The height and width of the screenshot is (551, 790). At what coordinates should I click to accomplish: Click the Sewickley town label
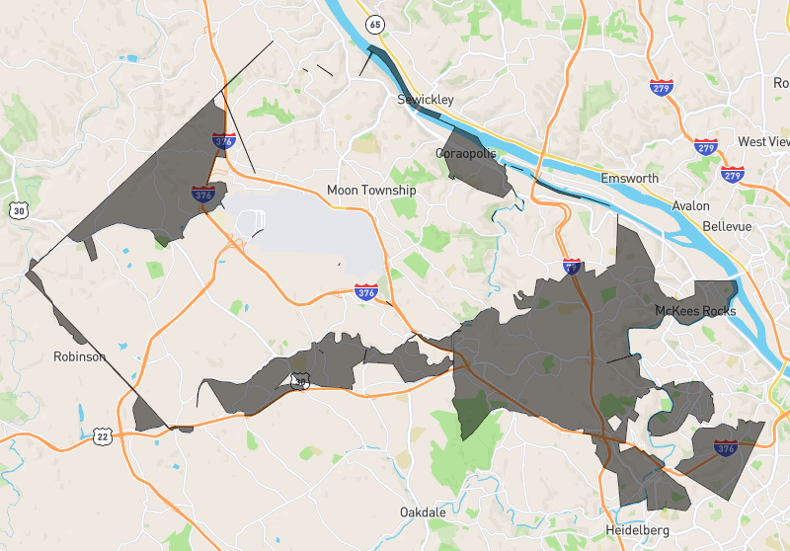(x=426, y=101)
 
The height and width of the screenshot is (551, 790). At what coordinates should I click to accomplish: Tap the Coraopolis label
(x=465, y=153)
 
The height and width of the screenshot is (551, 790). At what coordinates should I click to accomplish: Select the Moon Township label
(x=371, y=190)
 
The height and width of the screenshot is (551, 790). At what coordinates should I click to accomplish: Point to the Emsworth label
(x=629, y=179)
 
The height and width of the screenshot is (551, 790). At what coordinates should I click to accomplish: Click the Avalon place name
(x=690, y=205)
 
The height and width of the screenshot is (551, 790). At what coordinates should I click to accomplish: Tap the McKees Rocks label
(x=696, y=311)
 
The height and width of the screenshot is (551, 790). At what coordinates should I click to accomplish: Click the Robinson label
(x=79, y=356)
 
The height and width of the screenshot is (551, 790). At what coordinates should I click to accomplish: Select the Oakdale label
(x=425, y=512)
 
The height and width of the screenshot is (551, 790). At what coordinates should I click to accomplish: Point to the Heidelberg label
(x=637, y=530)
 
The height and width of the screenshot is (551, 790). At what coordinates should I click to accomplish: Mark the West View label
(x=764, y=141)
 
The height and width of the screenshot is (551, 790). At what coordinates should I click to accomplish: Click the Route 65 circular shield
(x=373, y=24)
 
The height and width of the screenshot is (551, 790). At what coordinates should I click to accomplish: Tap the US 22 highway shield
(x=102, y=434)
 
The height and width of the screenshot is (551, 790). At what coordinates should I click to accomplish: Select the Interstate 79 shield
(x=572, y=267)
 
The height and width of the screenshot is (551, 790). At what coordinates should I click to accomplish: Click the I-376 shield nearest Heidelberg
(x=726, y=448)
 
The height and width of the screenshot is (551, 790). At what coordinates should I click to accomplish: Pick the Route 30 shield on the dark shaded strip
(x=300, y=380)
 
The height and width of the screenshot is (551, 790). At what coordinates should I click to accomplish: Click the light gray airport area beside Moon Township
(x=306, y=232)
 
